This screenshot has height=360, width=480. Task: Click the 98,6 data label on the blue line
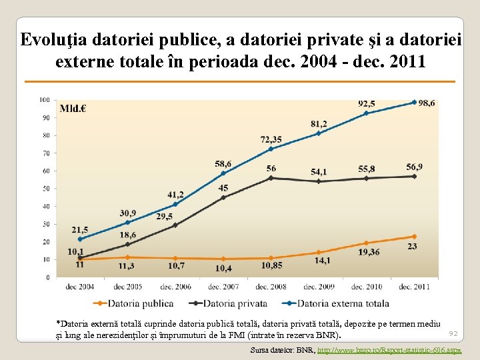pyautogui.click(x=427, y=103)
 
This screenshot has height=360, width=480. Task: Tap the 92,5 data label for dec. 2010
pyautogui.click(x=366, y=104)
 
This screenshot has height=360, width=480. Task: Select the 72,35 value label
pyautogui.click(x=271, y=139)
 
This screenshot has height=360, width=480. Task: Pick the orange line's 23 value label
pyautogui.click(x=413, y=246)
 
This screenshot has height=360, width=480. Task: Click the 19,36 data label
pyautogui.click(x=367, y=252)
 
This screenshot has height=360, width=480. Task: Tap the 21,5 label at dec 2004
pyautogui.click(x=79, y=229)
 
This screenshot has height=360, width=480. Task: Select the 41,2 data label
pyautogui.click(x=175, y=195)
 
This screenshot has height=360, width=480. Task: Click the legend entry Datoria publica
pyautogui.click(x=127, y=303)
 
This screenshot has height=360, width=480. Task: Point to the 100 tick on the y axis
pyautogui.click(x=45, y=100)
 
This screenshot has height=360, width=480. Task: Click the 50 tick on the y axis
pyautogui.click(x=46, y=189)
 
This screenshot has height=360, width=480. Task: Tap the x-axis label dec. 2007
pyautogui.click(x=223, y=287)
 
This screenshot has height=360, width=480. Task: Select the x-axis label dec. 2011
pyautogui.click(x=414, y=287)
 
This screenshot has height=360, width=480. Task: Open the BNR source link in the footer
pyautogui.click(x=389, y=350)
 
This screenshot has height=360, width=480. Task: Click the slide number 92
pyautogui.click(x=453, y=333)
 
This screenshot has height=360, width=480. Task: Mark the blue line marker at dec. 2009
pyautogui.click(x=319, y=133)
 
